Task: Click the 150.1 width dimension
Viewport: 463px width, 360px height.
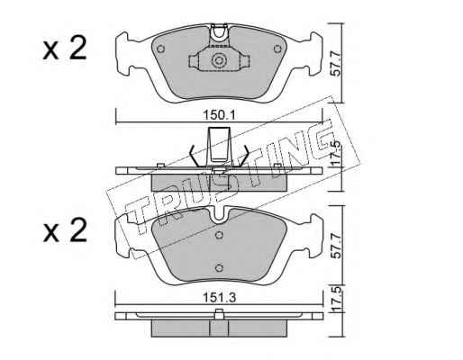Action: click(x=220, y=114)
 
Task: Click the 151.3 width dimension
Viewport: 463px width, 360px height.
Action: click(x=220, y=298)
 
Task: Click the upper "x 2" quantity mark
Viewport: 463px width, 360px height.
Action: click(x=65, y=48)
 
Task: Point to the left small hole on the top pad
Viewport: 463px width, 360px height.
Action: click(x=161, y=49)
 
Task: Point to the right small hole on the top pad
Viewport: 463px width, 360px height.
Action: click(x=277, y=49)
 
